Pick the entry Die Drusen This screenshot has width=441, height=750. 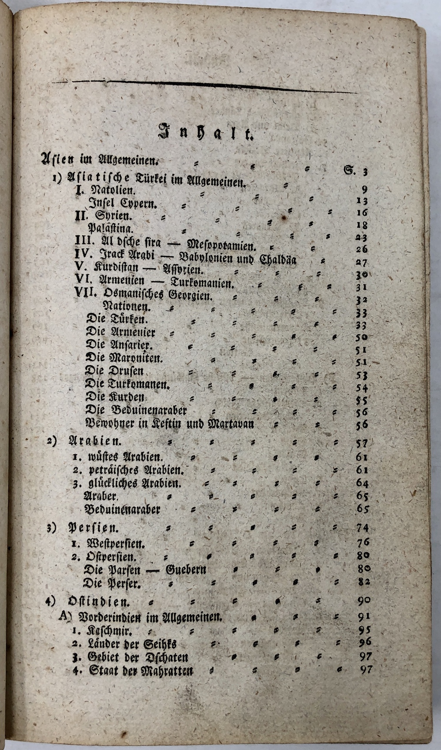114,371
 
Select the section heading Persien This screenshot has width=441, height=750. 93,527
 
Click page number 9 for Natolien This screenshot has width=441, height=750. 365,190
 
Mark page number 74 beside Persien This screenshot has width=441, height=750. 363,528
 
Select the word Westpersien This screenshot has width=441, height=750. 116,542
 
